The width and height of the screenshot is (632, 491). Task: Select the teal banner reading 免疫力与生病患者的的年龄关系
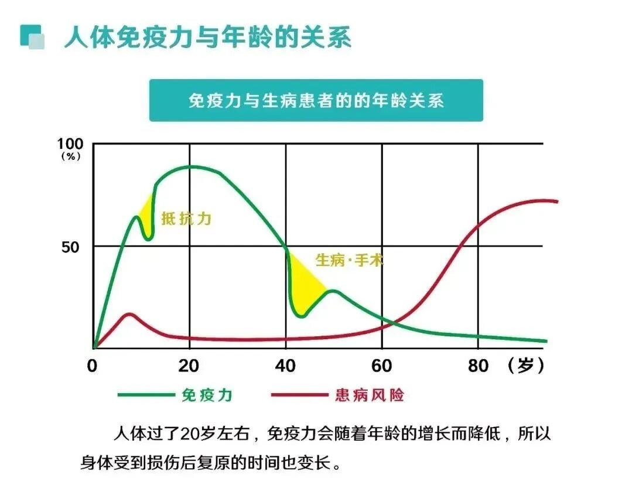316,100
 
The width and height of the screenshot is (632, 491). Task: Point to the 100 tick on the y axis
71,144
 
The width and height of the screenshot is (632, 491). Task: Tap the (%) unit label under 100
70,156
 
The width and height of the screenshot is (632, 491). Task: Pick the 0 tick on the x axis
93,366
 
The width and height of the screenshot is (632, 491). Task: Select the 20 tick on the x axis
189,366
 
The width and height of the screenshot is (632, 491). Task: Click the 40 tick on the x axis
285,366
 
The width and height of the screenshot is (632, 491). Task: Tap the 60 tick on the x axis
382,366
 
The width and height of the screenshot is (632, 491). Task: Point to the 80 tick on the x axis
478,366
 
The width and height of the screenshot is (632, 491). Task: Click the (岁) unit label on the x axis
527,366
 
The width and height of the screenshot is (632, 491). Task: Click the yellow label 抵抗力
186,220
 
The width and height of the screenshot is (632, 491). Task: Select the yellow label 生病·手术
349,260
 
